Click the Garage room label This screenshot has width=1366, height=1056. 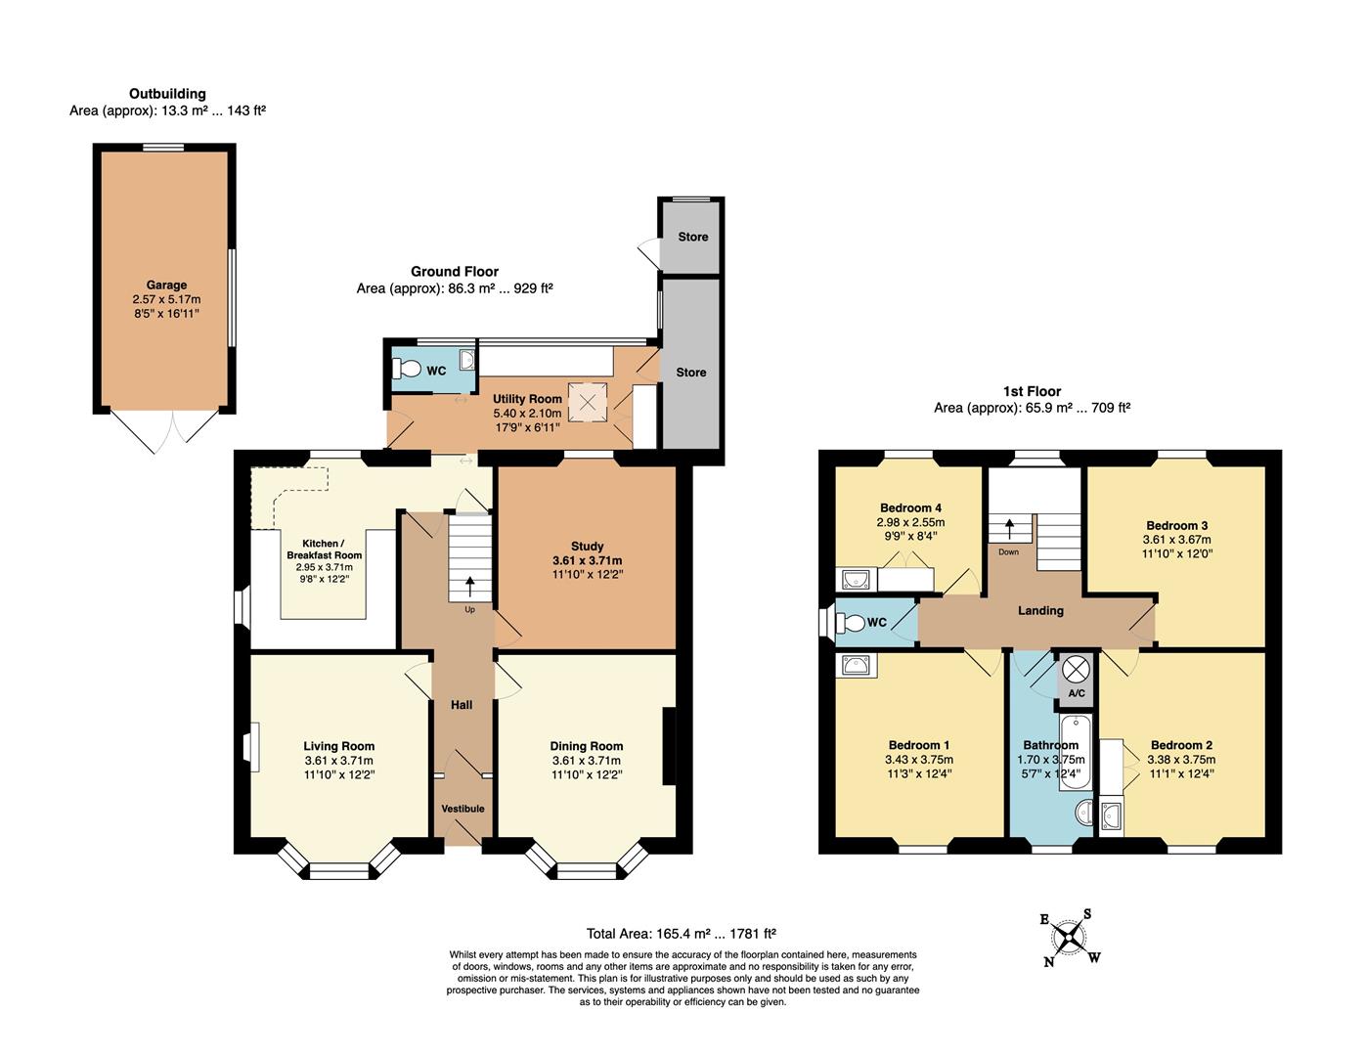[x=166, y=285]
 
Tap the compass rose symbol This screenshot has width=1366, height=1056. [x=1069, y=939]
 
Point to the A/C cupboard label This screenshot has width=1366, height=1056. [x=1077, y=693]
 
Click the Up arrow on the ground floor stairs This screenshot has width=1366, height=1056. [x=469, y=587]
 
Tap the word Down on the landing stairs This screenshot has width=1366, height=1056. [x=1008, y=551]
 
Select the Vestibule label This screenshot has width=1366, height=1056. [x=463, y=809]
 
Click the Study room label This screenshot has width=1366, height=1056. [x=587, y=547]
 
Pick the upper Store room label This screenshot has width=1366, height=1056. [x=692, y=237]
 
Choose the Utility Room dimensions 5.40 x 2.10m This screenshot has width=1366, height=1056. [x=527, y=413]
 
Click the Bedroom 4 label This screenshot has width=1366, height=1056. [x=910, y=507]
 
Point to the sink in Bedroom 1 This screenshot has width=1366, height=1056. [x=856, y=666]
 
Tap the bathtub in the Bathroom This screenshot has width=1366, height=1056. [x=1077, y=752]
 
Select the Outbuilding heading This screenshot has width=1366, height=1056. [x=167, y=94]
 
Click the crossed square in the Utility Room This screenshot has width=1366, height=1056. [x=587, y=402]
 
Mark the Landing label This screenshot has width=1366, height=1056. [x=1040, y=610]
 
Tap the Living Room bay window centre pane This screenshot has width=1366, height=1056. [x=339, y=870]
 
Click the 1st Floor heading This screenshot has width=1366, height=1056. [x=1032, y=391]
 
